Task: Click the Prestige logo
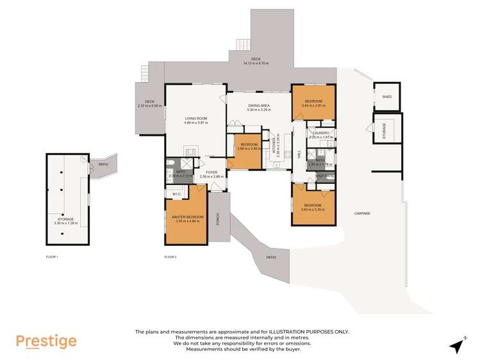(46, 341)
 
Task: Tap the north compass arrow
(457, 345)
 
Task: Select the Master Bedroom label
(188, 217)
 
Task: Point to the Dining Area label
(258, 106)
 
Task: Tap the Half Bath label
(325, 176)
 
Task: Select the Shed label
(386, 97)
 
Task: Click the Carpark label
(366, 213)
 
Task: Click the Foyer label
(211, 172)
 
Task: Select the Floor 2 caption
(170, 257)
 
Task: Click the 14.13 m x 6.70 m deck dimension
(256, 63)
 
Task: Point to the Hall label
(299, 154)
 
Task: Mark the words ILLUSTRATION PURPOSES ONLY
(302, 331)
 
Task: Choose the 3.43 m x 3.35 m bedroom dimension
(313, 209)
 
